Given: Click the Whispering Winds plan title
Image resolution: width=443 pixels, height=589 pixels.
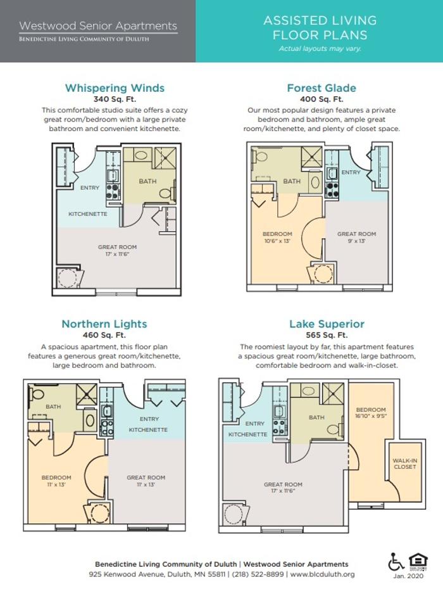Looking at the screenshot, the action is point(115,88).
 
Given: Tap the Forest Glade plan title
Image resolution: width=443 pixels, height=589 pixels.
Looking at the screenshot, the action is point(321,88).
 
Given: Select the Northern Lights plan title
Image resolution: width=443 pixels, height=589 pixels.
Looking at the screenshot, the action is point(104,324).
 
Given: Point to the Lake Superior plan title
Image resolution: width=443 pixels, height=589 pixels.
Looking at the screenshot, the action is point(327,324).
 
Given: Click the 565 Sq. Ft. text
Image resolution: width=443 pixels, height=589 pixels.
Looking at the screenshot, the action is point(327,335).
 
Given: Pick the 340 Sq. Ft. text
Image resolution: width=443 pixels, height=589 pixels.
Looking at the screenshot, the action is point(115,99).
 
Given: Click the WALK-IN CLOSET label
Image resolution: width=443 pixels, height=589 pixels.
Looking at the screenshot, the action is point(404,464).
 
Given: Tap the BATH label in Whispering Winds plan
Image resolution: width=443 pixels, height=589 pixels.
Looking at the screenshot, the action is point(147,181).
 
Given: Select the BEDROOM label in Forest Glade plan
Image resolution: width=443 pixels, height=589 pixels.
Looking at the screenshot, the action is point(277,234).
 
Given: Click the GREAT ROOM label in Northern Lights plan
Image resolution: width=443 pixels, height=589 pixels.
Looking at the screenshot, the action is point(146,478).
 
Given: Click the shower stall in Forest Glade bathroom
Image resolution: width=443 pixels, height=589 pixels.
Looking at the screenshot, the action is point(311,157).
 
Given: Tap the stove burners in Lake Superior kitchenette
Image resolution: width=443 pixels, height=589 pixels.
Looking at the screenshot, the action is point(279,427).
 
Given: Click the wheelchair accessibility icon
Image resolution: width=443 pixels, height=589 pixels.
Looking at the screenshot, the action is point(396,562).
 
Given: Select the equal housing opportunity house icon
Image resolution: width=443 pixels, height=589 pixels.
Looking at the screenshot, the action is point(418,562).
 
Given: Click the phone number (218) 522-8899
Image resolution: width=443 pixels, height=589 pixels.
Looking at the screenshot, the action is point(258,574).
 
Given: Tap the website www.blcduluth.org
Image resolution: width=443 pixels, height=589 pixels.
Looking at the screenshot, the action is point(322,574).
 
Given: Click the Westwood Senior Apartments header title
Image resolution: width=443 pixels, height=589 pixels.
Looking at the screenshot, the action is point(98,25).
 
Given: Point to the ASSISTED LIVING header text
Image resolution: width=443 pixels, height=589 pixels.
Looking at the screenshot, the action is point(320,20).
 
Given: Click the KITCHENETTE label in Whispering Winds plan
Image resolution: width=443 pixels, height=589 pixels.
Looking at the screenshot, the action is point(87,213).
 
